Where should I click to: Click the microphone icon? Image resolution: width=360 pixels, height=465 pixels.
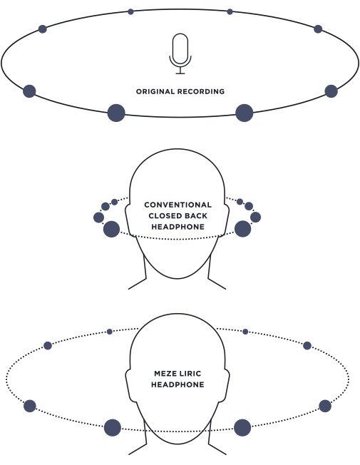coord(180,53)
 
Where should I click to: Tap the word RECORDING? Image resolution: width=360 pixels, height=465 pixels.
coord(201,91)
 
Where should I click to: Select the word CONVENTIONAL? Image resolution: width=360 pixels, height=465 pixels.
coord(178,205)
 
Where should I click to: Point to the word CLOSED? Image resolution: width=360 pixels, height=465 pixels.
coord(163,215)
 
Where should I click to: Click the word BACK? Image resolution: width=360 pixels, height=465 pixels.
coord(195,215)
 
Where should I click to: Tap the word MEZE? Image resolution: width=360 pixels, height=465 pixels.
coord(165,374)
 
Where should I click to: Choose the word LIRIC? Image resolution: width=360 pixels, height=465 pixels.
coord(190,374)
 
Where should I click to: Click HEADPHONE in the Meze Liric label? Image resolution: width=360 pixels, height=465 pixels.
coord(178,384)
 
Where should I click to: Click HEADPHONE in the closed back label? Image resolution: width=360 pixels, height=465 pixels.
coord(178,227)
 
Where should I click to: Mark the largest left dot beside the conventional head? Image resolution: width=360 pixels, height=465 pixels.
coord(111,229)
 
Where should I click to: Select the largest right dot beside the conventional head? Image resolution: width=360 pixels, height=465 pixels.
coord(243,229)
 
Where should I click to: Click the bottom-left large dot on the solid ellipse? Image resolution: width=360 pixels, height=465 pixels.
coord(116,113)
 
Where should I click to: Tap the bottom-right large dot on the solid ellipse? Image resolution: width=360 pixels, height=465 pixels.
coord(245,113)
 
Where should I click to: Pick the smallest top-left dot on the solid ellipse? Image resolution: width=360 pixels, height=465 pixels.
coord(130,12)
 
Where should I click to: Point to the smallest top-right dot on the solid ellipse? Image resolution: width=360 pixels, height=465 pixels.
coord(230,12)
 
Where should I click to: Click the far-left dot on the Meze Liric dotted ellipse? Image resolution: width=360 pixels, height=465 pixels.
coord(30,406)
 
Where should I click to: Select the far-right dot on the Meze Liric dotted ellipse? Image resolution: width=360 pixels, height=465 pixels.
coord(325,406)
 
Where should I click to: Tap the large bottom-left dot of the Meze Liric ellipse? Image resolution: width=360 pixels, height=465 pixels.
coord(113,428)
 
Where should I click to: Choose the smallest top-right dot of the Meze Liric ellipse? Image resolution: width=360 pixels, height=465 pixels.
coord(245,332)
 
